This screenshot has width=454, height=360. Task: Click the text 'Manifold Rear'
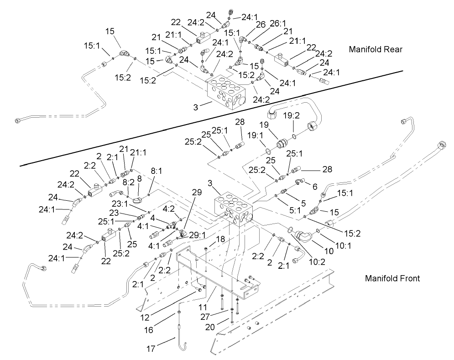click(x=376, y=49)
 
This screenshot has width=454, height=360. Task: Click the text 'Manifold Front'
click(x=392, y=277)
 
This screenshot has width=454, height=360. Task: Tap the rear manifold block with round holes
click(x=225, y=93)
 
